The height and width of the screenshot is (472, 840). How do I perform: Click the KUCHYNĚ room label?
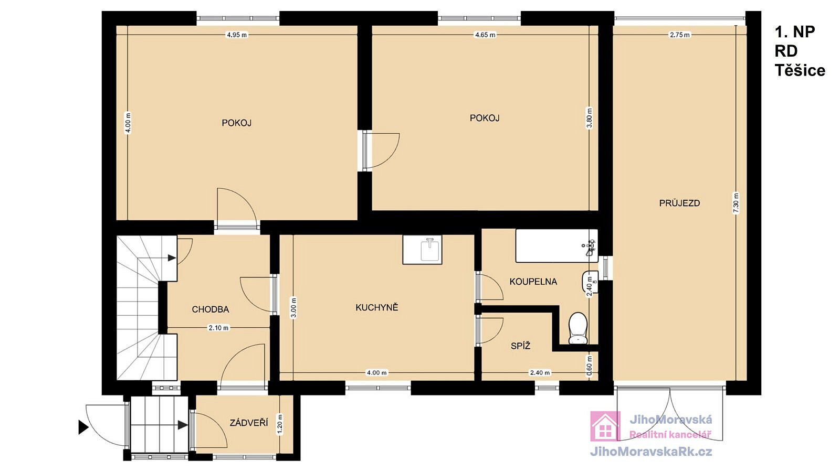click(x=376, y=307)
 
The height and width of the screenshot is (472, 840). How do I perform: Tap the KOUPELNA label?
click(x=533, y=282)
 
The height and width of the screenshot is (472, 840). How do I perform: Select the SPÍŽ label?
click(x=520, y=346)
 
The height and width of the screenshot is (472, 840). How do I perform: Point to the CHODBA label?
click(x=210, y=309)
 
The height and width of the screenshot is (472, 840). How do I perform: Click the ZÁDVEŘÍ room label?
click(x=249, y=423)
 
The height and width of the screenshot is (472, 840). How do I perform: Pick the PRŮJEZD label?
click(x=679, y=203)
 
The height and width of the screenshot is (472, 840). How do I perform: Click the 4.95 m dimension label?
click(x=237, y=35)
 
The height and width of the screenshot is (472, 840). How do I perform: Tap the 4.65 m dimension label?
click(x=485, y=35)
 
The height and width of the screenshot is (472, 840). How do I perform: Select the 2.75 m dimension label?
click(x=679, y=35)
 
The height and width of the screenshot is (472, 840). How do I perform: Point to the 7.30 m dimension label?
click(x=736, y=202)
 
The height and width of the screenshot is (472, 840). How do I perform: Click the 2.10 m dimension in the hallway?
click(x=218, y=328)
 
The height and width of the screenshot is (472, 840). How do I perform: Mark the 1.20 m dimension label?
click(x=279, y=424)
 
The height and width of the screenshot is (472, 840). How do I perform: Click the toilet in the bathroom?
click(x=577, y=328)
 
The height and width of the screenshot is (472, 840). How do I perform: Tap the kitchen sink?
click(x=422, y=250)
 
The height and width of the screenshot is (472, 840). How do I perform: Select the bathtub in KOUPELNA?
click(x=556, y=246)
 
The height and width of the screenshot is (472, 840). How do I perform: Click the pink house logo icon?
click(x=605, y=426)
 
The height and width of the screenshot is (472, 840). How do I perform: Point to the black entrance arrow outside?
click(x=83, y=427)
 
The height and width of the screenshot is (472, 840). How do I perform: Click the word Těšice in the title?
click(x=800, y=70)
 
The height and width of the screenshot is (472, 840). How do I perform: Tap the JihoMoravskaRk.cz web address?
click(x=651, y=452)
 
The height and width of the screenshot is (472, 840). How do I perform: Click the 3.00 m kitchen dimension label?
click(x=293, y=307)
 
